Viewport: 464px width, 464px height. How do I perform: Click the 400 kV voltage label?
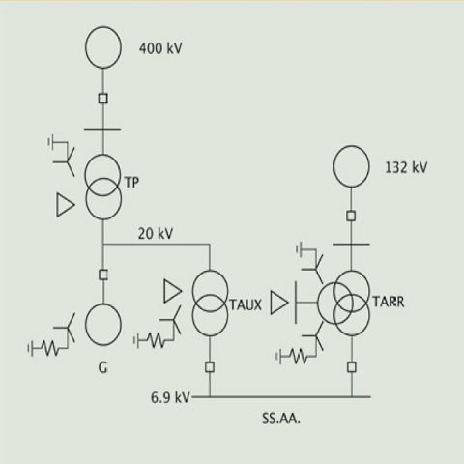[x=160, y=48]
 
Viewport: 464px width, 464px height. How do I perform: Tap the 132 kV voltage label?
[x=406, y=167]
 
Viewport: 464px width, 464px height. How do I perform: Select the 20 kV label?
[x=156, y=234]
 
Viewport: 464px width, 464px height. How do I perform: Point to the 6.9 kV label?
[x=170, y=397]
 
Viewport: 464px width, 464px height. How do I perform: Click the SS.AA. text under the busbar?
[x=281, y=419]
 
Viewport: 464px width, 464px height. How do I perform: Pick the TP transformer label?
[x=131, y=183]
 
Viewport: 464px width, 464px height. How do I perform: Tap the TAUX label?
[x=246, y=304]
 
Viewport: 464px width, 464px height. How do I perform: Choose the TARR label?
[x=389, y=302]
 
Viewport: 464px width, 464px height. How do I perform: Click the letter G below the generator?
[x=102, y=367]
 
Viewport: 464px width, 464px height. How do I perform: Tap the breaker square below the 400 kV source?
[x=103, y=99]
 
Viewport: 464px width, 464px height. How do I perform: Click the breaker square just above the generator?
[x=103, y=275]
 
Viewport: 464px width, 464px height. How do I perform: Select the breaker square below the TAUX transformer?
[x=210, y=367]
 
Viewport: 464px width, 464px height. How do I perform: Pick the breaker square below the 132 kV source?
[x=351, y=216]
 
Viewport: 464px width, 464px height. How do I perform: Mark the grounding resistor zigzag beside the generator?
[x=49, y=348]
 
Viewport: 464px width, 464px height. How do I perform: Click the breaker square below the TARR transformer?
[x=352, y=367]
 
